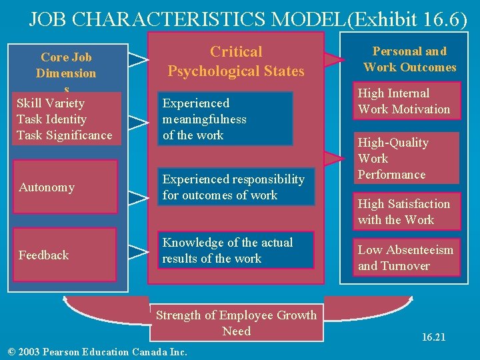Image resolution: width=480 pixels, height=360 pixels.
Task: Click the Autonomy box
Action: [x=65, y=187]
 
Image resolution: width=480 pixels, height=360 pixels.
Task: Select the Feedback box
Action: [x=65, y=255]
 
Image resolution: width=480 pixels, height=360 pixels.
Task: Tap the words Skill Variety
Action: [x=51, y=103]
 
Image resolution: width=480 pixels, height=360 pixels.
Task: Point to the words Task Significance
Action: [x=65, y=135]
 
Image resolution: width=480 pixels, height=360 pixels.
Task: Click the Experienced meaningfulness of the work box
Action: [x=226, y=119]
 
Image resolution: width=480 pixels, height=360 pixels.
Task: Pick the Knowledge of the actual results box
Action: [x=237, y=250]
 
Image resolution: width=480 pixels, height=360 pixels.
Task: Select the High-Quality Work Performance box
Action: [x=407, y=159]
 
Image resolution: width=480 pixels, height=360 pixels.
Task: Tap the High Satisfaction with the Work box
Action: [x=407, y=211]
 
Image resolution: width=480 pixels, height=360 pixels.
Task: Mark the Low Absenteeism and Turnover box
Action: [x=407, y=257]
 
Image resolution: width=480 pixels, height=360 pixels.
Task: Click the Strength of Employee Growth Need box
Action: [x=237, y=323]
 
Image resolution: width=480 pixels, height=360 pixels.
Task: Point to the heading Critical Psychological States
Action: [x=236, y=61]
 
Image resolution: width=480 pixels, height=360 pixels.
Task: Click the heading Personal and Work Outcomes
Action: [x=409, y=59]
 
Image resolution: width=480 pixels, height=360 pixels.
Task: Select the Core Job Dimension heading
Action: [x=66, y=65]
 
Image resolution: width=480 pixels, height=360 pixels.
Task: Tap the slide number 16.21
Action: [x=433, y=337]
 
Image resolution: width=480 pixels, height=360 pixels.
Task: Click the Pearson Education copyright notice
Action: [x=96, y=352]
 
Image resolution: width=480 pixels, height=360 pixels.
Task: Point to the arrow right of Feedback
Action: [x=138, y=251]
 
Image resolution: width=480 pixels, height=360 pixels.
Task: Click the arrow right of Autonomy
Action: [x=138, y=196]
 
